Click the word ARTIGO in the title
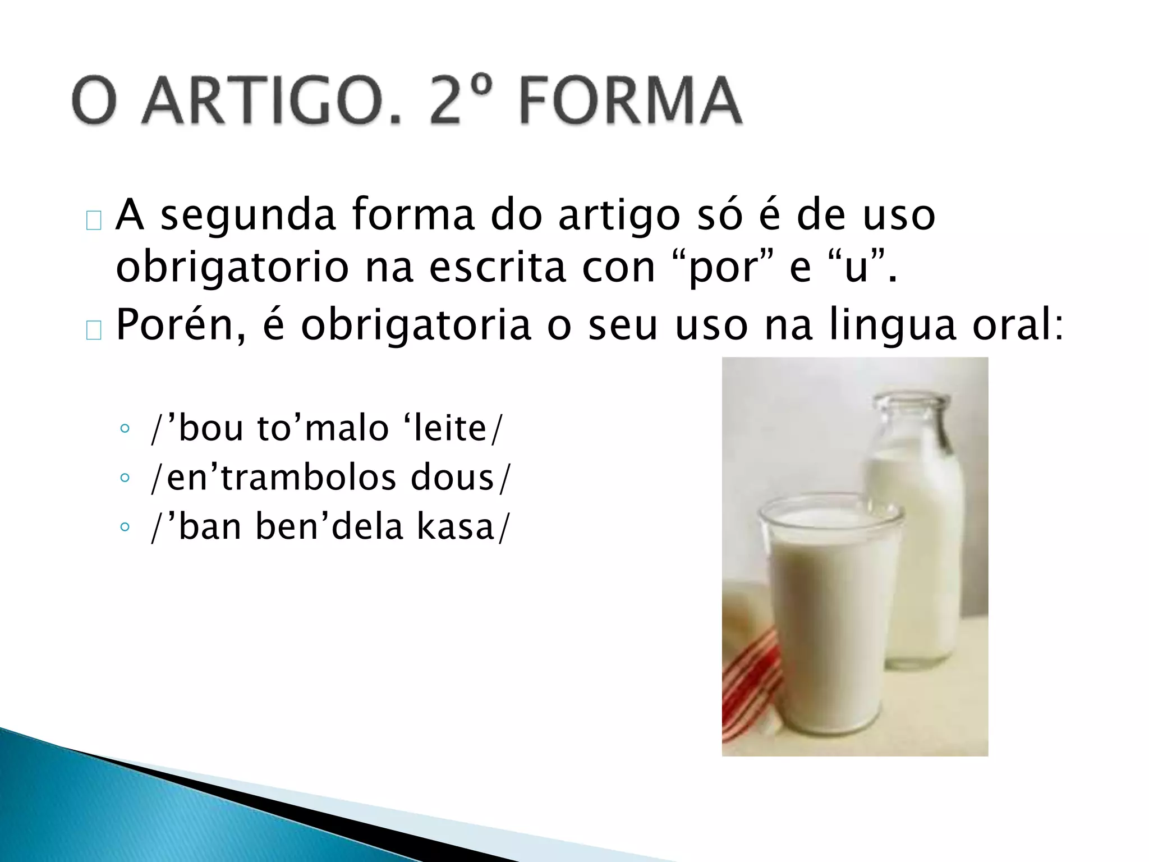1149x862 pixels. [272, 101]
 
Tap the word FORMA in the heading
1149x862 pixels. [630, 101]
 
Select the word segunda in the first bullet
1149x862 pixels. [248, 215]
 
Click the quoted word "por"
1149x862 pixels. [723, 268]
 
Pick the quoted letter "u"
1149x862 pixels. [856, 268]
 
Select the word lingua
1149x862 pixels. [891, 327]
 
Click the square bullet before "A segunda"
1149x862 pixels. [94, 221]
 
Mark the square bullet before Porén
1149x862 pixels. [94, 331]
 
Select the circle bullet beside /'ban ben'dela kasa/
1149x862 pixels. [125, 527]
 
